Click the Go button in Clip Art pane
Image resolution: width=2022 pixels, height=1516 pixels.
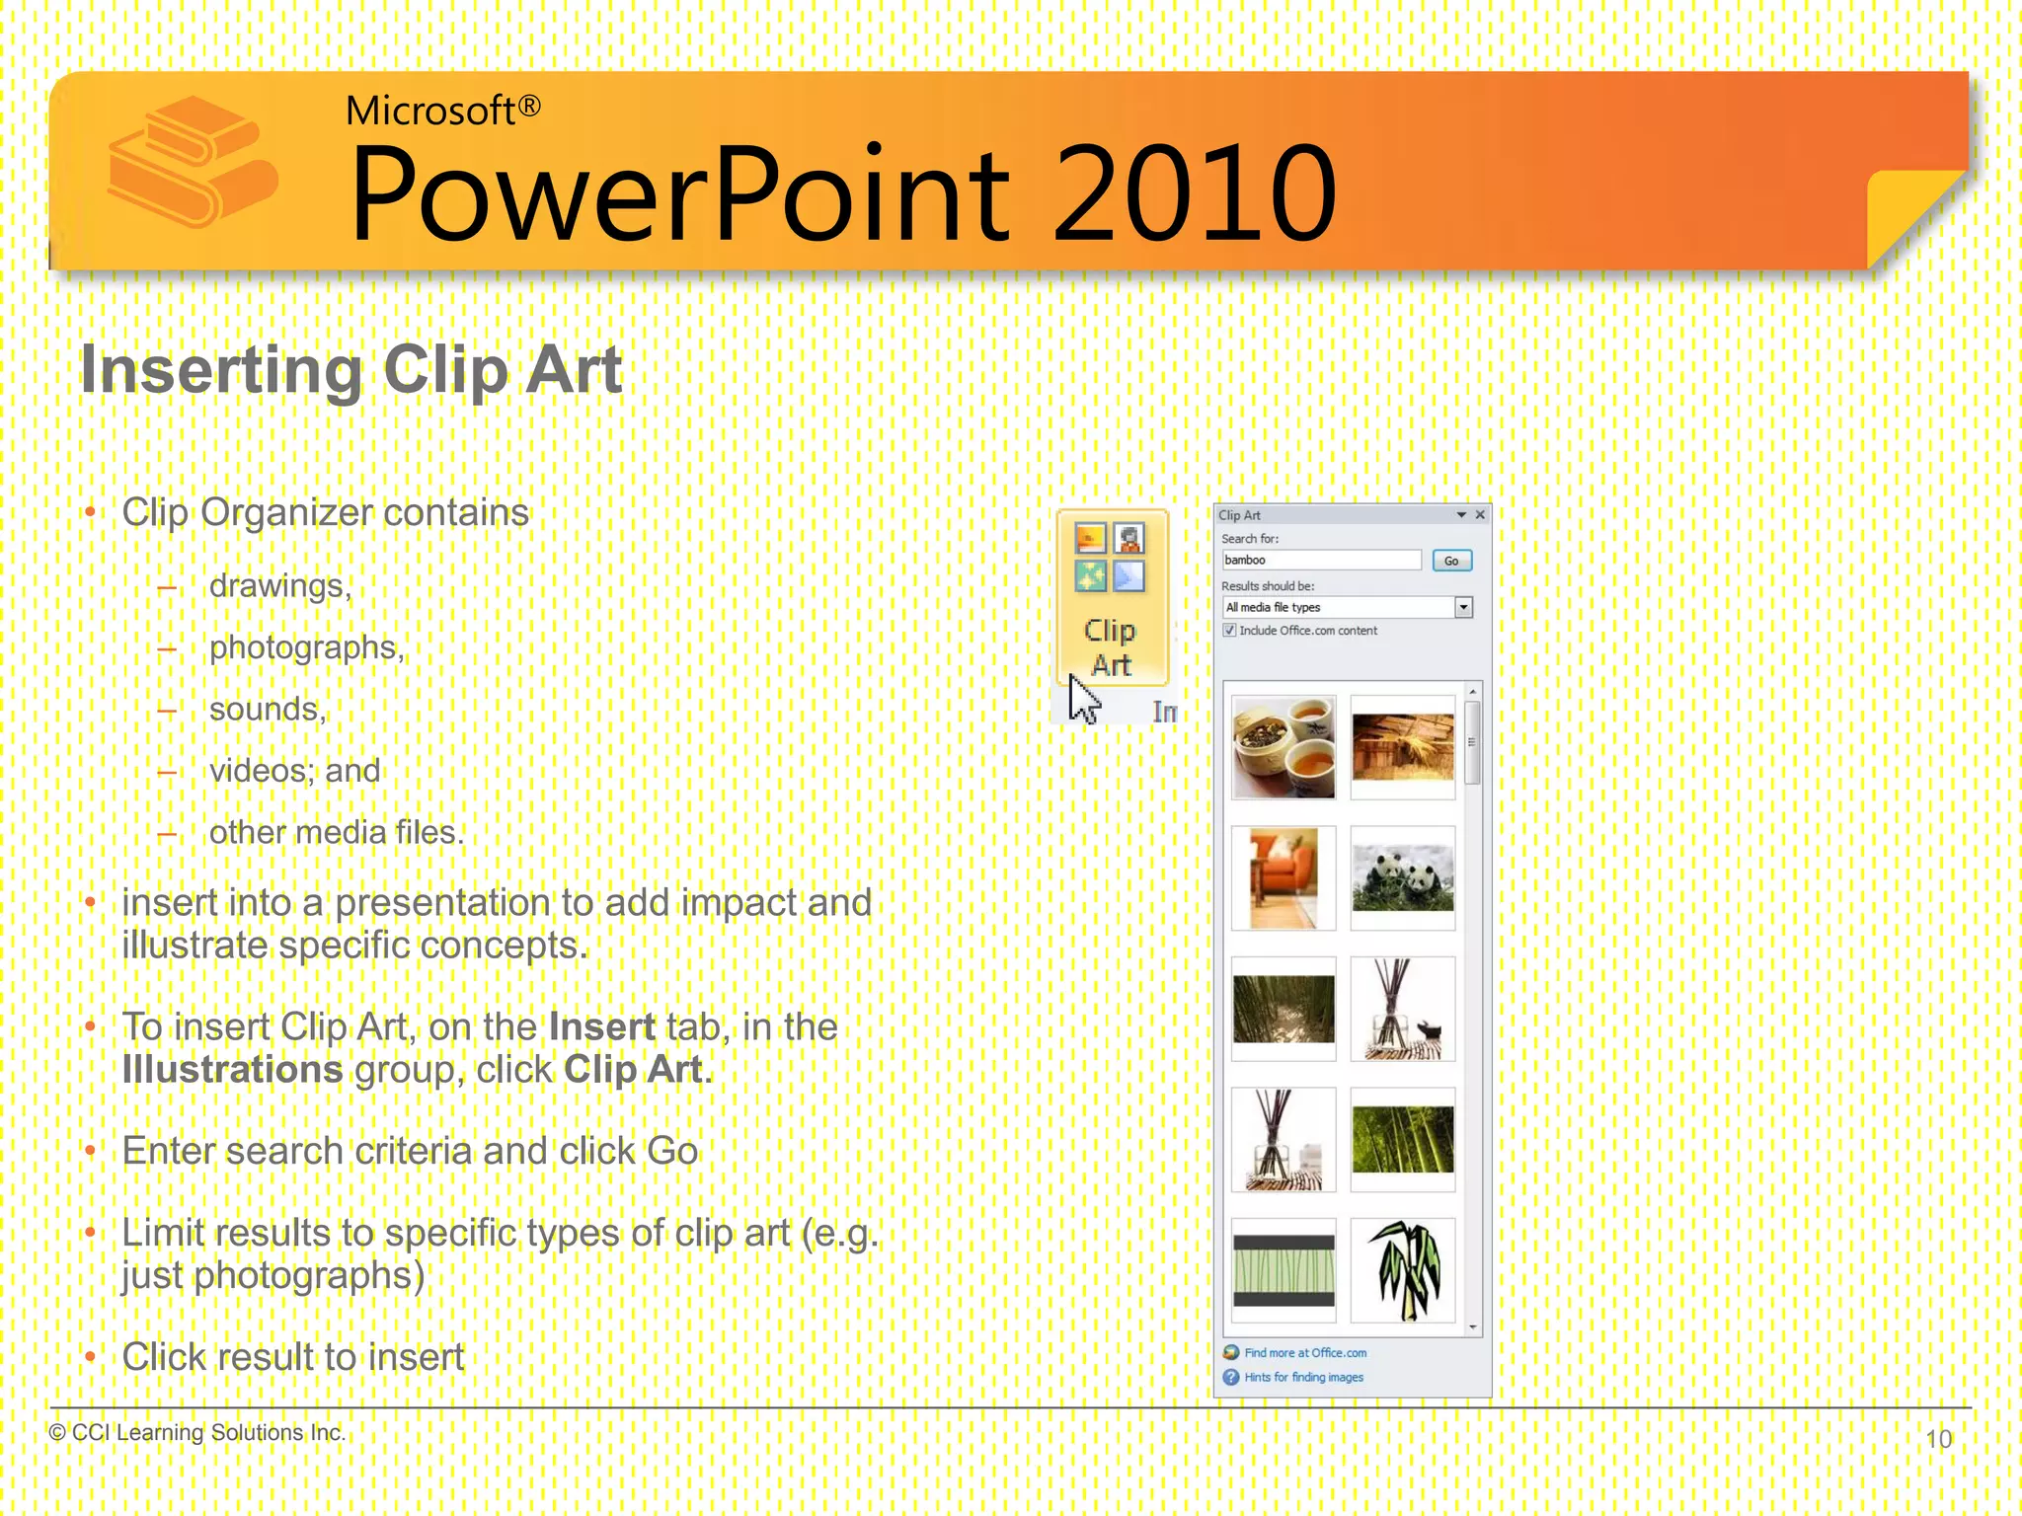click(x=1450, y=561)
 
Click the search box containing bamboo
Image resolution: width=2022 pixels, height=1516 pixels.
click(x=1320, y=560)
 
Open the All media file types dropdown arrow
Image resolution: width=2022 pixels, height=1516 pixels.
click(x=1463, y=607)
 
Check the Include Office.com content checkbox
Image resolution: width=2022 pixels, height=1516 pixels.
click(x=1229, y=631)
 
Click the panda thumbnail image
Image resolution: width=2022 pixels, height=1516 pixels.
click(x=1402, y=877)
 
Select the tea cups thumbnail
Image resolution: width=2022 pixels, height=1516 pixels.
click(x=1283, y=747)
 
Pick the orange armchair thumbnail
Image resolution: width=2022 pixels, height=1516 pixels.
click(x=1283, y=877)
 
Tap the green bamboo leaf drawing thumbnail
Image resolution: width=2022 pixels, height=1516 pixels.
click(x=1402, y=1270)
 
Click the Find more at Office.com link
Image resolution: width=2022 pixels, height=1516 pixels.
click(x=1304, y=1353)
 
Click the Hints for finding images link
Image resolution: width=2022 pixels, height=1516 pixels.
click(x=1302, y=1377)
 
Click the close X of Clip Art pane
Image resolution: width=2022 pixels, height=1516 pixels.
click(x=1480, y=515)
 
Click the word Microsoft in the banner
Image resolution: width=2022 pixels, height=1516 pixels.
click(x=430, y=111)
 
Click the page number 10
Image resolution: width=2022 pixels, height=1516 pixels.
click(x=1938, y=1439)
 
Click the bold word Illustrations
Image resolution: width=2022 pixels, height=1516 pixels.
click(x=232, y=1070)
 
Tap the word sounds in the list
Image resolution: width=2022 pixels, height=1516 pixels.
click(x=267, y=710)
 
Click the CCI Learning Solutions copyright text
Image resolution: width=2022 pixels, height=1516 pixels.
click(x=197, y=1432)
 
